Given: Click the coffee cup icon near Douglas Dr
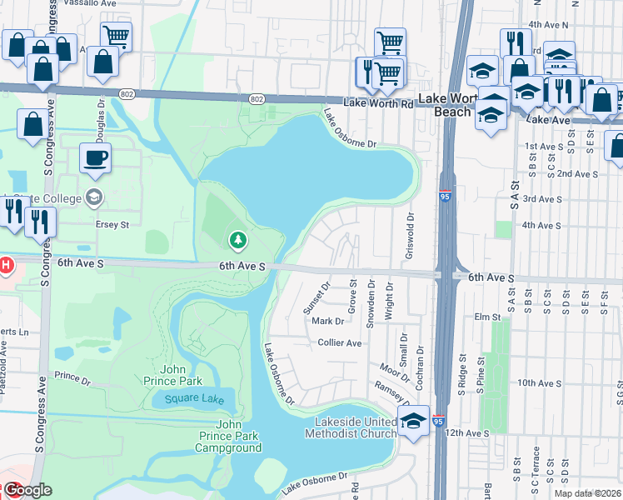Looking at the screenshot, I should click(x=95, y=157).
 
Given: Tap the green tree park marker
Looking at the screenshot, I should click(x=238, y=241).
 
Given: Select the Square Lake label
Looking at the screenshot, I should click(x=194, y=398).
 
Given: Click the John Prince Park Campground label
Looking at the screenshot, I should click(x=228, y=442).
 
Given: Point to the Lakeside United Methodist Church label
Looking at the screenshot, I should click(x=350, y=427).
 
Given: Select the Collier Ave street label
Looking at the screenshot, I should click(x=340, y=342).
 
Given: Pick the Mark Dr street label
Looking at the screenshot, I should click(x=327, y=321).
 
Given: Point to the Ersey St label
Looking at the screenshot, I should click(x=114, y=224).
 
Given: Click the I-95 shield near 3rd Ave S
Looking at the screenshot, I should click(x=446, y=197).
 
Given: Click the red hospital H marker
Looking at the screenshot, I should click(x=5, y=266).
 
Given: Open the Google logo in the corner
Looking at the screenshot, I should click(x=27, y=490).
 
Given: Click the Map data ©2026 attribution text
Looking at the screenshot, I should click(x=588, y=493).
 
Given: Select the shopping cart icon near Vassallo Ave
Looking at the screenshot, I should click(x=117, y=35).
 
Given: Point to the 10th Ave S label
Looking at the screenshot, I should click(x=538, y=382).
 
